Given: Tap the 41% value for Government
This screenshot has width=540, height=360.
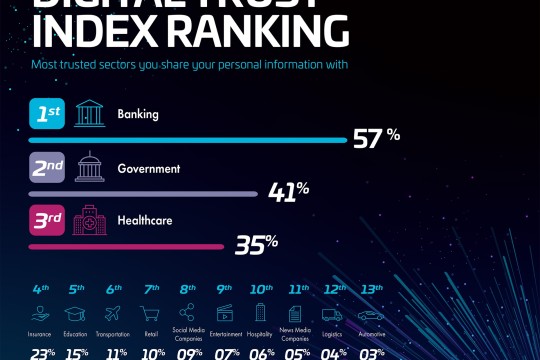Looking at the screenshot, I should tap(287, 190).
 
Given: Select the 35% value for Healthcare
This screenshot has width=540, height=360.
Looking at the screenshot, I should tap(256, 243).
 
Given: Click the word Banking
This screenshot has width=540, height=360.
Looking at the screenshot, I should tap(139, 115).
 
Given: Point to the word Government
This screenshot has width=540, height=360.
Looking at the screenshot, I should tap(149, 168).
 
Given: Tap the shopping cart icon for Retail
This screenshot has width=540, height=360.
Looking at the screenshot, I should tap(151, 313).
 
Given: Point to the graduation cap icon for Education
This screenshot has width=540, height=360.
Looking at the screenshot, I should tap(76, 313).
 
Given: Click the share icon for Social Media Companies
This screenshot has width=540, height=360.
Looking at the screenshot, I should tap(188, 312).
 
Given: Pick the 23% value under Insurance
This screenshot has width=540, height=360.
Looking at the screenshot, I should tap(41, 352).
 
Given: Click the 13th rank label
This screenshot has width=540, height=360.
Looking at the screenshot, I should tap(370, 289).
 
